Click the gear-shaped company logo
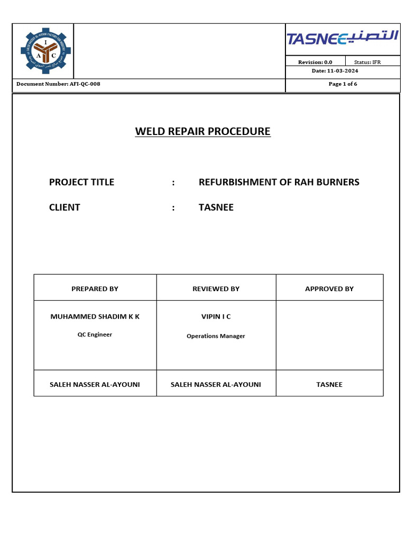point(43,51)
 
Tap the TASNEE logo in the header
point(343,39)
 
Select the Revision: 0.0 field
point(315,62)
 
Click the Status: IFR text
point(367,62)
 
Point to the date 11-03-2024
point(342,70)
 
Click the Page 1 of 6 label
point(343,84)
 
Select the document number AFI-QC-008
point(58,84)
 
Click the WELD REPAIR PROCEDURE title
point(202,131)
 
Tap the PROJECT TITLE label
point(81,182)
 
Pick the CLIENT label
point(64,207)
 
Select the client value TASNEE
point(216,207)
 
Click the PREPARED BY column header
point(95,288)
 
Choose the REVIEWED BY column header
point(216,288)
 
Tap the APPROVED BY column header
point(329,288)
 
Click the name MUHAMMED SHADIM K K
point(95,317)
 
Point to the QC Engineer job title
point(95,335)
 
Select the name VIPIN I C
point(216,317)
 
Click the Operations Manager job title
point(216,336)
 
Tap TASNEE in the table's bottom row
point(329,384)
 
